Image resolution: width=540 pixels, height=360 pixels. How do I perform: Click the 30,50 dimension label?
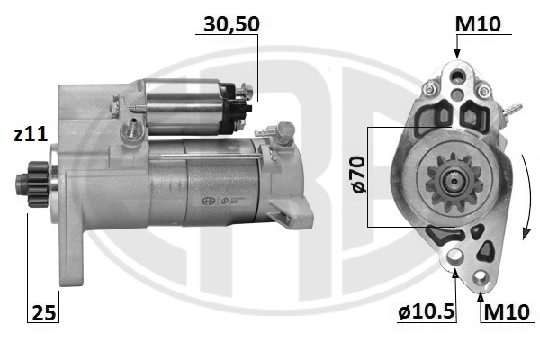click(231, 24)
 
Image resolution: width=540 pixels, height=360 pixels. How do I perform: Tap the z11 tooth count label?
click(31, 134)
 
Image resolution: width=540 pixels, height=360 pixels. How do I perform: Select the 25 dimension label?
click(43, 313)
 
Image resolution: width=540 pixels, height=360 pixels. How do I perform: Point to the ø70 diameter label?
click(357, 175)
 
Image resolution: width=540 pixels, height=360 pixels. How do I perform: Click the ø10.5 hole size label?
click(427, 312)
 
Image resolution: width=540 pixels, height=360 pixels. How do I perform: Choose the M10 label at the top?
click(477, 24)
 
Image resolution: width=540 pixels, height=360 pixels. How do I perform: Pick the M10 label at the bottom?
click(506, 312)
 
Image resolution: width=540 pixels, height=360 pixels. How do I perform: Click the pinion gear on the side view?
click(33, 184)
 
